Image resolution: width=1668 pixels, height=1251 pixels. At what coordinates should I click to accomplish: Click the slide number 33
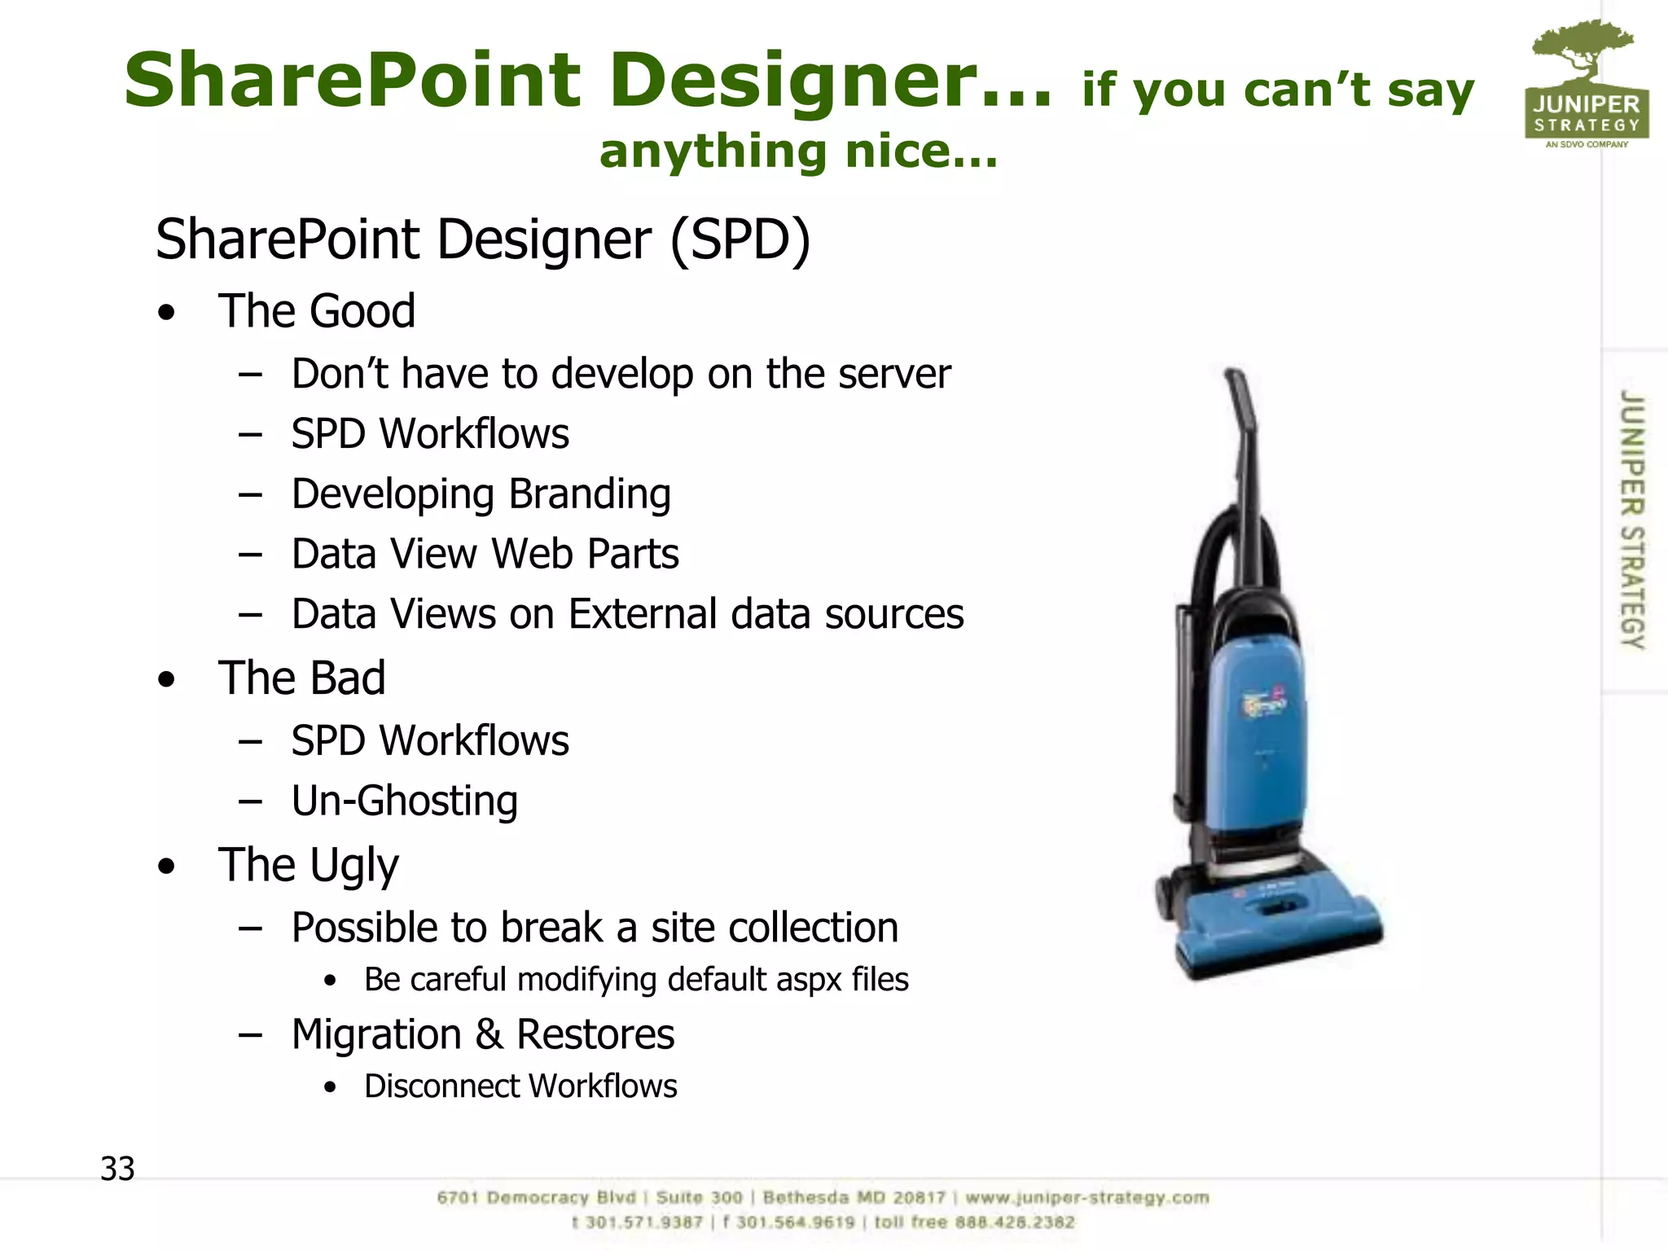(117, 1169)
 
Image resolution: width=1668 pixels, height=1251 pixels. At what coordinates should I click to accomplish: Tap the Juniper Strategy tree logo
(1586, 84)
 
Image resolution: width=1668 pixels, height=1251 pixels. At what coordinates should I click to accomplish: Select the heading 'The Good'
(316, 310)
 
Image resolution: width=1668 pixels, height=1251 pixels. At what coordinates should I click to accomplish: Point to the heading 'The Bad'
(301, 678)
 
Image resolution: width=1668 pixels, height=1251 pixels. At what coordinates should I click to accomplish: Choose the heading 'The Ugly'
(309, 865)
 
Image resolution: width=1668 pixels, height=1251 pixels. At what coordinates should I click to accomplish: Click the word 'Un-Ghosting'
(405, 801)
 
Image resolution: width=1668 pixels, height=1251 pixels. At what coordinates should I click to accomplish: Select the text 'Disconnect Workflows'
(520, 1086)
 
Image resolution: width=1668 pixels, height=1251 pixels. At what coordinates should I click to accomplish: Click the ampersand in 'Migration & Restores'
(489, 1034)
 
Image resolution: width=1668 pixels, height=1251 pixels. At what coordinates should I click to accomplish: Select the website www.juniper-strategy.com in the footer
(1087, 1198)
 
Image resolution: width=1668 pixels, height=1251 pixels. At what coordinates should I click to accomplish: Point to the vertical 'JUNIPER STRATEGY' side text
(1631, 520)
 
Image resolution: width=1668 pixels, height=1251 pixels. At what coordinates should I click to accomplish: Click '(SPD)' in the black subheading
(740, 239)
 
